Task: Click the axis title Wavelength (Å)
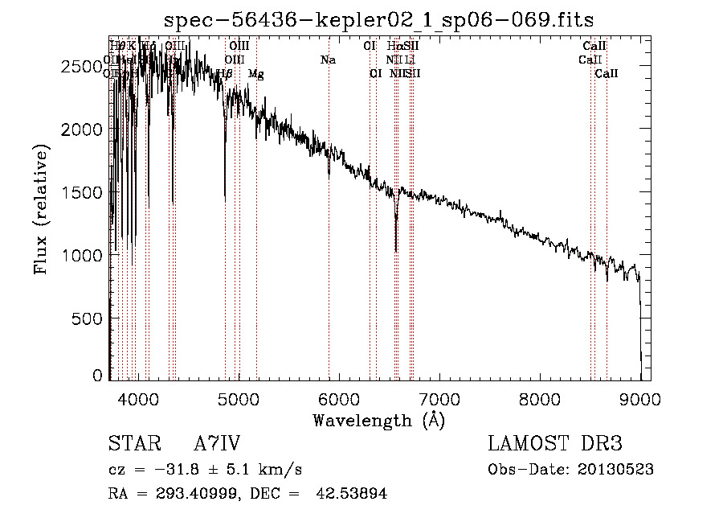click(378, 420)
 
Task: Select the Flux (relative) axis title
click(41, 209)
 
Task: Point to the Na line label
click(328, 60)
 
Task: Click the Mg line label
click(255, 74)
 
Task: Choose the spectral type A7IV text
click(217, 444)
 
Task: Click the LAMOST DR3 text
click(554, 444)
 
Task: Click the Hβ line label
click(225, 74)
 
